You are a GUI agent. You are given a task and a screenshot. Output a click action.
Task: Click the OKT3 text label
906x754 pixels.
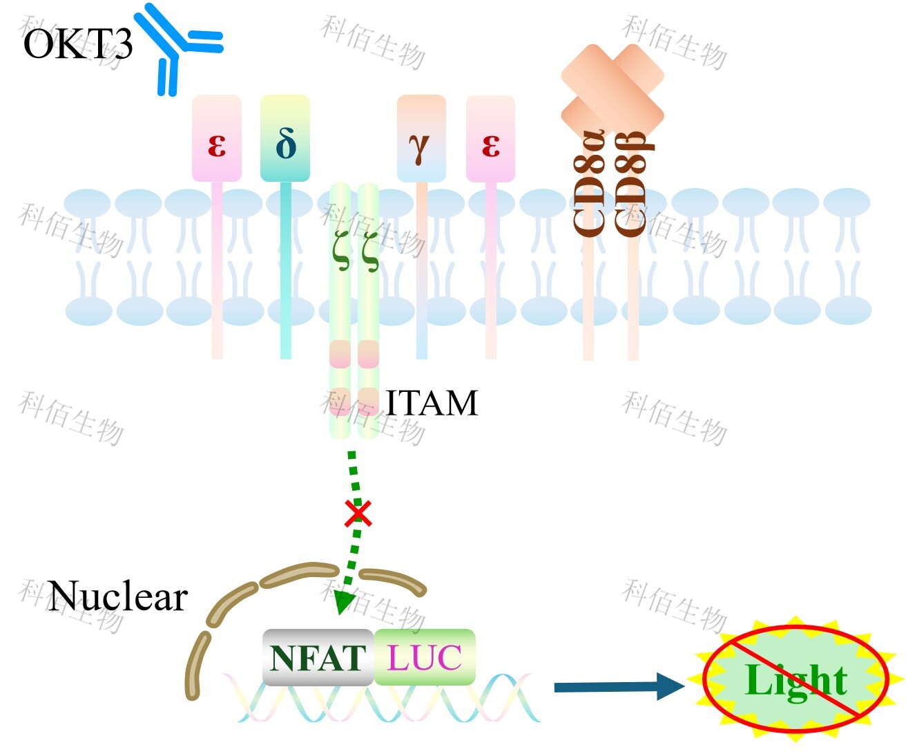coord(77,45)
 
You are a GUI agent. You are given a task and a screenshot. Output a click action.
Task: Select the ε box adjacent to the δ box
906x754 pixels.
coord(217,139)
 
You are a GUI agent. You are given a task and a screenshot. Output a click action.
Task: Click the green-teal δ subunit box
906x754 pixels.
coord(285,139)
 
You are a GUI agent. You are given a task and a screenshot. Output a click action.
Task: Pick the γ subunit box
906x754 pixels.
coord(421,139)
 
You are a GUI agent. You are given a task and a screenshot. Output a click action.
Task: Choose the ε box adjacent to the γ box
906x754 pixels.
coord(490,139)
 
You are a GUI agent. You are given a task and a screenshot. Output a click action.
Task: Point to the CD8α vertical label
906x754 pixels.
coord(590,183)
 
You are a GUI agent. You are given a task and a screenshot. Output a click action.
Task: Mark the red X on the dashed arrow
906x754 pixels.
coord(358,513)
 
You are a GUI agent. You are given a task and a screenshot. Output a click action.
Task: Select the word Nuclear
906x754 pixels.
coord(118,596)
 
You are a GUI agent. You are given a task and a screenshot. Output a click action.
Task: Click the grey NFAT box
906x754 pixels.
coord(318,657)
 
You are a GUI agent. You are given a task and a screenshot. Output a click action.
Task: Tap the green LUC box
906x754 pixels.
coord(425,657)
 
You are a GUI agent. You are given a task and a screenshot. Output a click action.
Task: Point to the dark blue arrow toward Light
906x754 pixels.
coord(618,686)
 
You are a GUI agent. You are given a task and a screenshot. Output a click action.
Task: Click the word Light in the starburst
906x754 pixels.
coord(796,681)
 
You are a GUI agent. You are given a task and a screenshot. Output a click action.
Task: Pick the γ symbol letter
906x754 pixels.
coord(419,147)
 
